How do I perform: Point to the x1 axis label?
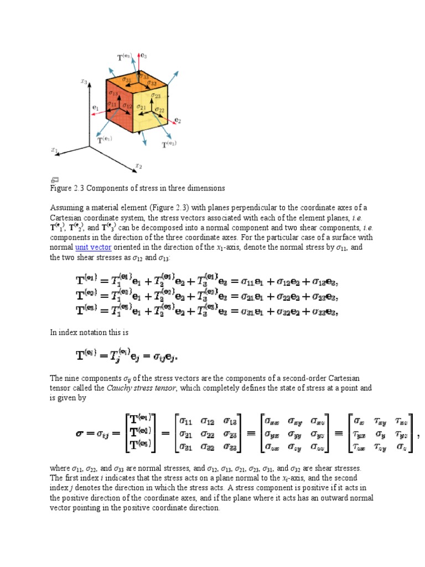coord(54,150)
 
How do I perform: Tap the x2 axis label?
coord(139,165)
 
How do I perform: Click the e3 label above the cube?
coord(143,55)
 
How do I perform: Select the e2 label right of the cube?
coord(178,120)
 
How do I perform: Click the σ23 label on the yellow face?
coord(156,95)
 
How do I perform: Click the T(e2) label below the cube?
coord(169,145)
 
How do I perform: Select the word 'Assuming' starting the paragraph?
coord(66,207)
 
